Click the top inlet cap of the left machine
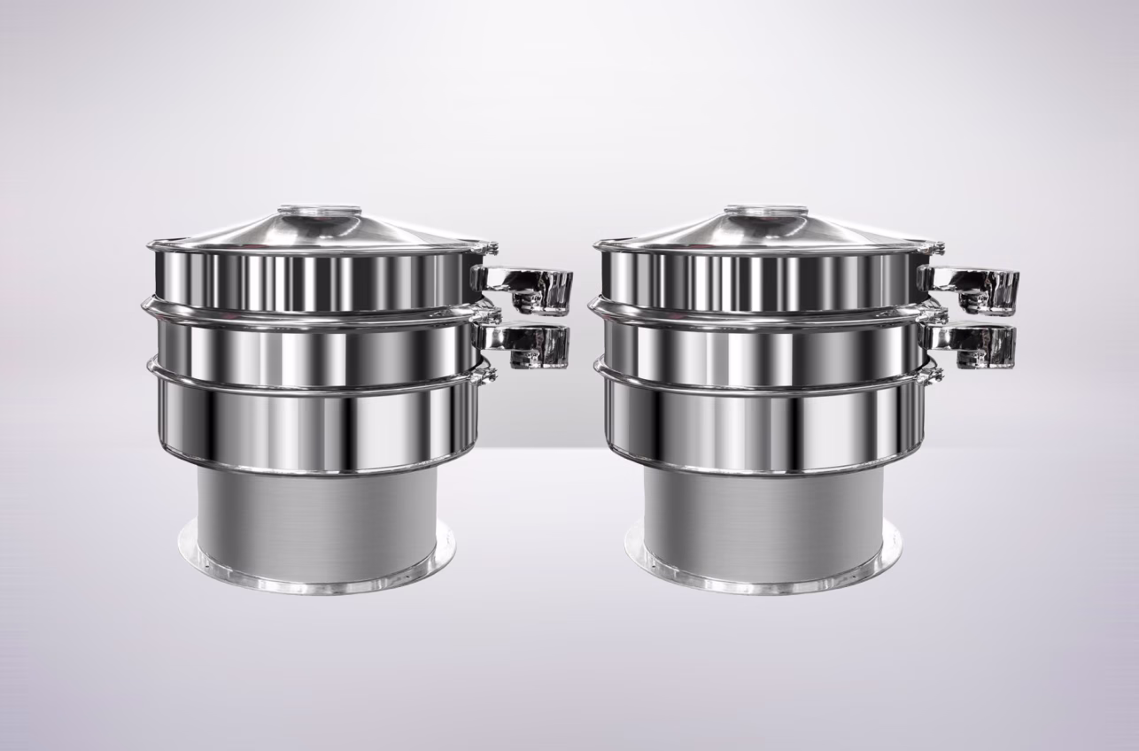coord(319,212)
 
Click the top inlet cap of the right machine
coord(765,212)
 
